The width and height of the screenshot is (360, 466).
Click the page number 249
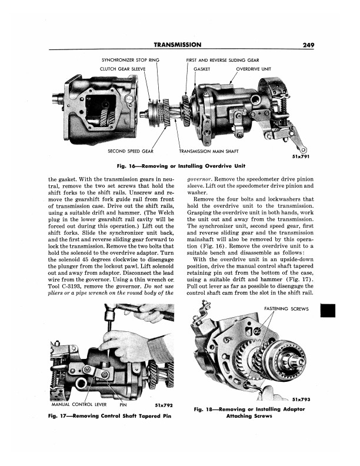tap(308, 45)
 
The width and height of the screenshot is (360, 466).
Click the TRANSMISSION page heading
tap(177, 45)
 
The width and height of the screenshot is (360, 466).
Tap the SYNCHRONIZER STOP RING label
tap(131, 60)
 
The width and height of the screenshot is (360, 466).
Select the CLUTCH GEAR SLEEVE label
tap(123, 69)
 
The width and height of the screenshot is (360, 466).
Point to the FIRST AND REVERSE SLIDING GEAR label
tap(222, 60)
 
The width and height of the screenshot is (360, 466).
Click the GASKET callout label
tap(202, 69)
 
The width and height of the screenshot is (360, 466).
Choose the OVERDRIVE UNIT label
tap(254, 69)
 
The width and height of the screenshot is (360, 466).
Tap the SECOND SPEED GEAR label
tap(131, 151)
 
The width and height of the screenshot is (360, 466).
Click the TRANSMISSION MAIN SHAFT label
tap(208, 151)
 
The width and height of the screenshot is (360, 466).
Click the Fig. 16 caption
tap(181, 166)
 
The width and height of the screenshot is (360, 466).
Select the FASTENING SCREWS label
tap(286, 309)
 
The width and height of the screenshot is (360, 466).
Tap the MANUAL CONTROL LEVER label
tap(79, 404)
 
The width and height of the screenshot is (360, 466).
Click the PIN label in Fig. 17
tap(123, 404)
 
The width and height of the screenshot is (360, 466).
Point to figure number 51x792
tap(164, 405)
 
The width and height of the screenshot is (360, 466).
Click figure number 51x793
tap(301, 399)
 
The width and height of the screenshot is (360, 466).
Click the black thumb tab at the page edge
tap(328, 310)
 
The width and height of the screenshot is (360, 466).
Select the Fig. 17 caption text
tap(109, 416)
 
